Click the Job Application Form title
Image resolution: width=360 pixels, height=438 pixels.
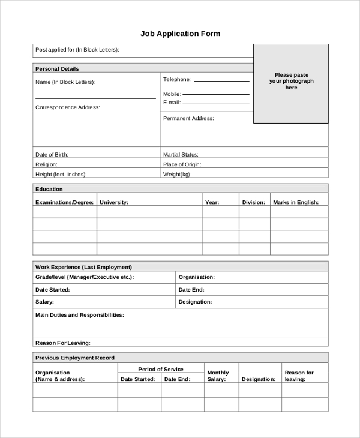point(180,34)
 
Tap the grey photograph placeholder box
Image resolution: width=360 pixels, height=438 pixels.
point(291,83)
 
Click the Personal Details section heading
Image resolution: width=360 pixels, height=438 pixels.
point(58,69)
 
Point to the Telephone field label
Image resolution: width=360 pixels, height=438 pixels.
point(177,79)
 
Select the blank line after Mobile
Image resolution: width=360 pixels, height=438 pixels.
point(216,94)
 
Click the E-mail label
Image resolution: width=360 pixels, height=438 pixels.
point(172,103)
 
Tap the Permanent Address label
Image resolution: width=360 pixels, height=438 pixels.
point(188,119)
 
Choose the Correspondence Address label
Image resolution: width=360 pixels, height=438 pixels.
point(68,107)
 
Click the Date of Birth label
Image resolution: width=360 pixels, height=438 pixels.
point(52,155)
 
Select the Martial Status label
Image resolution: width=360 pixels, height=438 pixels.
point(181,155)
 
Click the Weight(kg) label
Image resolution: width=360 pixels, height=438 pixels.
point(177,175)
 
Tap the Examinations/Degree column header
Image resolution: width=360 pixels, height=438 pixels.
point(64,203)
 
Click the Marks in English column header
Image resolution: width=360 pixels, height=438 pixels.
point(300,203)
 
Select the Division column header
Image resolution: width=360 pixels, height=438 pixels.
point(253,203)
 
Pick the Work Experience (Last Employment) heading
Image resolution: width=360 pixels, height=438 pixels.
point(84,267)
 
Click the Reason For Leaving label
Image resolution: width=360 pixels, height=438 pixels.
point(63,343)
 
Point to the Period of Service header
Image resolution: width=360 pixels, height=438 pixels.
point(161,370)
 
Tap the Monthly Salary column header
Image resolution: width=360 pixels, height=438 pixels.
point(218,376)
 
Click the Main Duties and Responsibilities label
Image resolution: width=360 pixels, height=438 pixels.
point(80,315)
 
